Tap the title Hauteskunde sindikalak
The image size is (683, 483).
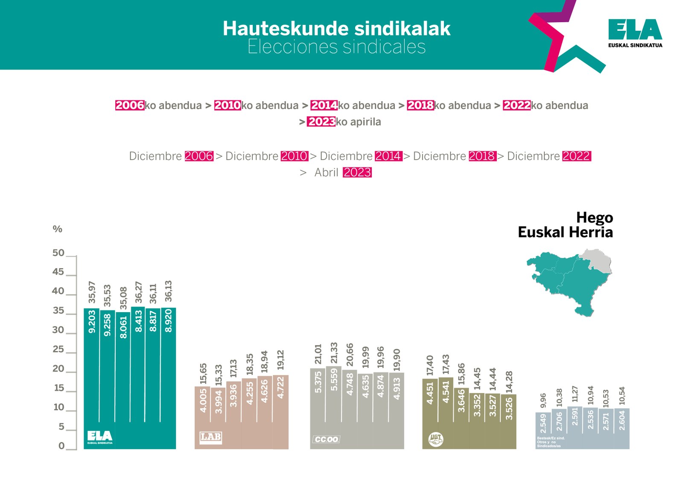[336, 29]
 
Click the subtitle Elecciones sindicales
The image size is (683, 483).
[336, 47]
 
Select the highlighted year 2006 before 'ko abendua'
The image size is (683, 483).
[129, 105]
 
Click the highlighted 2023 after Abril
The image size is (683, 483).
[357, 173]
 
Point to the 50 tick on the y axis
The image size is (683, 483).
[58, 253]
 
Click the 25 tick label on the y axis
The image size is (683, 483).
[58, 349]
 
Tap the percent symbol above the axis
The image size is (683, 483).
[57, 229]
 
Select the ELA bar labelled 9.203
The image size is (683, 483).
[91, 367]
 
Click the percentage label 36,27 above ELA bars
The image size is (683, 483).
[138, 292]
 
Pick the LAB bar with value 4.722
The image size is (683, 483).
[280, 410]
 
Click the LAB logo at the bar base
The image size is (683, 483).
[210, 437]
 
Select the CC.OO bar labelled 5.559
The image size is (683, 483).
[334, 406]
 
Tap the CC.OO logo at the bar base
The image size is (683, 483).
[326, 439]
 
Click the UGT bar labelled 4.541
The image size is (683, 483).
[446, 410]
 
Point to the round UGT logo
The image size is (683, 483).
[435, 439]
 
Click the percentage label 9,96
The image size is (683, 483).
[543, 401]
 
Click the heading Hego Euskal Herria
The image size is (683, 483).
[565, 225]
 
